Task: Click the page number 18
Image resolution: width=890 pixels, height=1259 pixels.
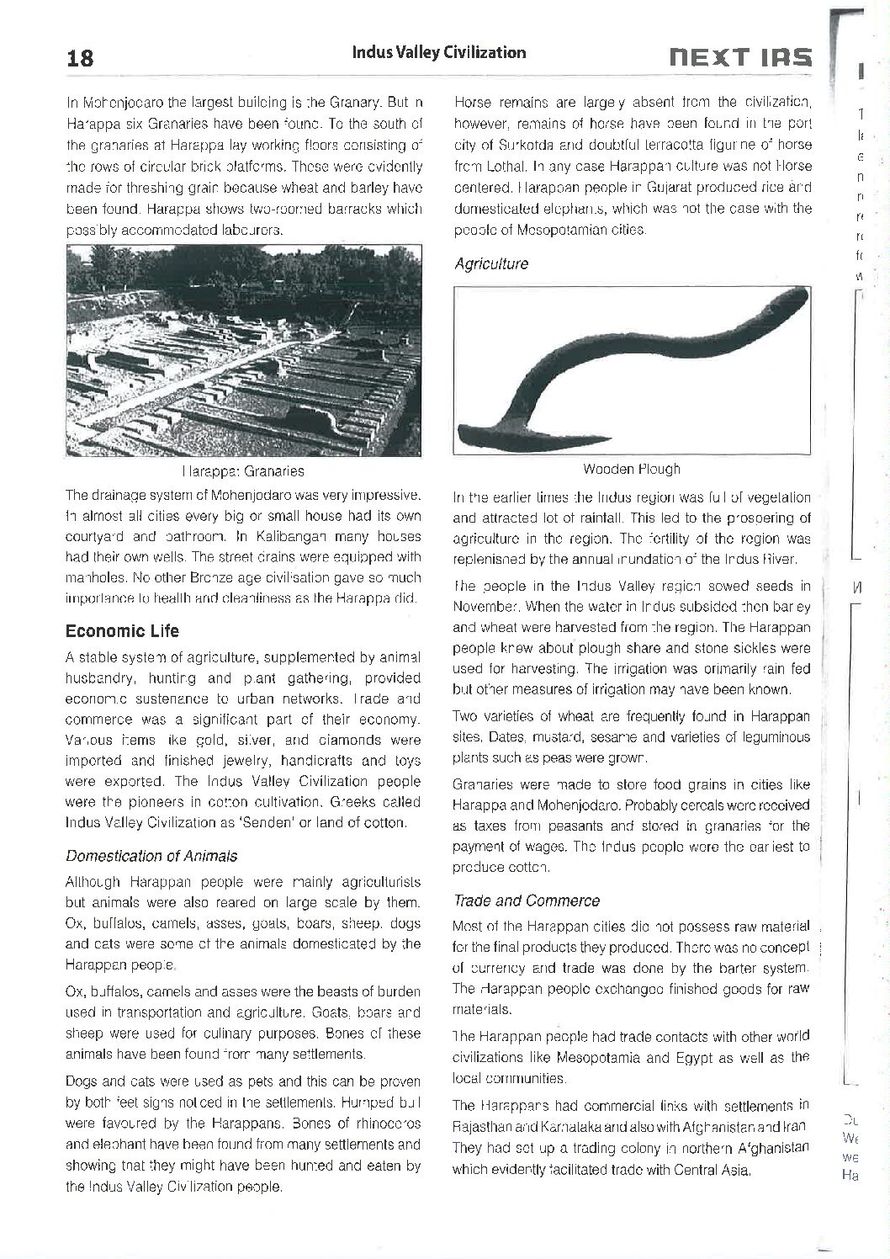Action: pyautogui.click(x=80, y=59)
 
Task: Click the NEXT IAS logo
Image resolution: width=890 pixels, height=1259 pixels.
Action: pyautogui.click(x=740, y=56)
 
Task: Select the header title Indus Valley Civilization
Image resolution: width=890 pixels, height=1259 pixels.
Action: pyautogui.click(x=438, y=52)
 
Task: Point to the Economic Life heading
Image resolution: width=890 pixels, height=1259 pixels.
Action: pyautogui.click(x=122, y=631)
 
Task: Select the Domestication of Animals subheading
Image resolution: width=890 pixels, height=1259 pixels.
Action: pyautogui.click(x=151, y=856)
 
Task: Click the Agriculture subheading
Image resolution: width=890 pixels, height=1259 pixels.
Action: pyautogui.click(x=491, y=263)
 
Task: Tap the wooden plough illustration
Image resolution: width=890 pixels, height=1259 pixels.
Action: pyautogui.click(x=631, y=370)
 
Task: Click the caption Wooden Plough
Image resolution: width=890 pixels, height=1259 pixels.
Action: pyautogui.click(x=631, y=469)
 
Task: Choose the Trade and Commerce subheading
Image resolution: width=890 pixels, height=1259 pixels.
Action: pyautogui.click(x=527, y=900)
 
